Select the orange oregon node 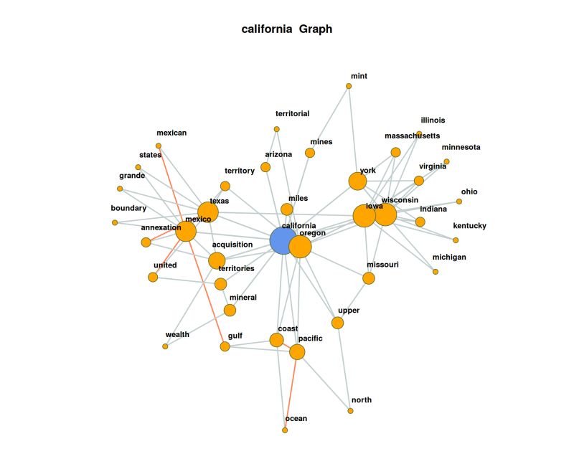click(x=300, y=246)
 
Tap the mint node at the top click(x=349, y=86)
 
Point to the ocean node click(x=285, y=430)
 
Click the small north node click(x=350, y=411)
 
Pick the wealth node click(x=165, y=346)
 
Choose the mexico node click(x=186, y=232)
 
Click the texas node click(x=207, y=212)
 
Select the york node click(x=357, y=181)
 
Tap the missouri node click(x=369, y=278)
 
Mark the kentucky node click(x=456, y=240)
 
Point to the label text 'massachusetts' click(x=412, y=136)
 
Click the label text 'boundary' click(x=128, y=209)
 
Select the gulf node click(x=225, y=346)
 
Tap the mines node click(x=310, y=153)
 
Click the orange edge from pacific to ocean click(x=291, y=391)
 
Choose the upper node click(x=338, y=323)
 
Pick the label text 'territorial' click(x=292, y=113)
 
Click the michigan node click(x=435, y=272)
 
